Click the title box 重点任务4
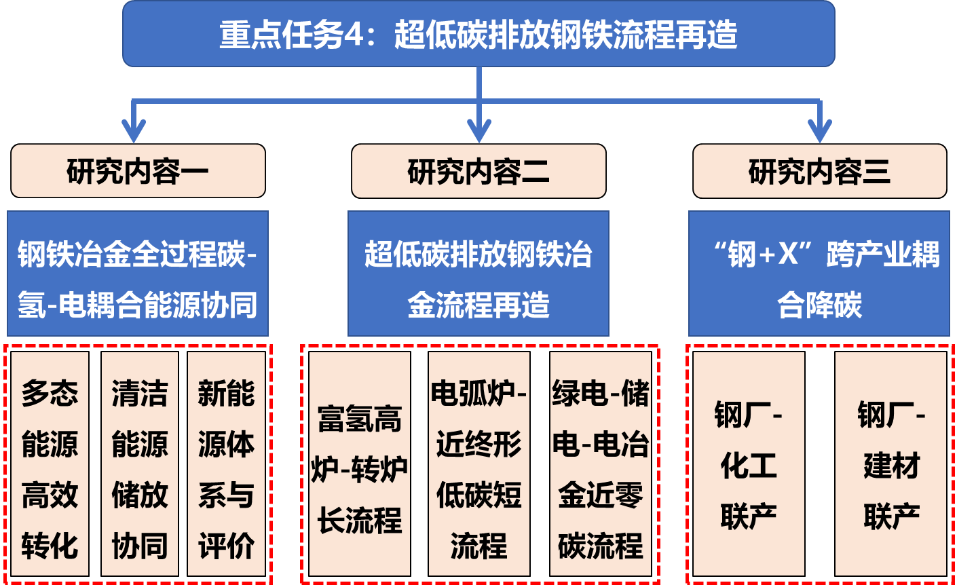coord(478,34)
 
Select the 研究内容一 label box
coord(138,171)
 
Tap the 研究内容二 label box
coord(478,171)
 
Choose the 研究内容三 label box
coord(819,171)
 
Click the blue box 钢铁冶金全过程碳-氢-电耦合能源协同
coord(138,273)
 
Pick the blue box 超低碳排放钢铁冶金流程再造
coord(478,273)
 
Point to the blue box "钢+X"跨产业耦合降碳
coord(819,273)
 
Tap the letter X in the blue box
coord(788,254)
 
